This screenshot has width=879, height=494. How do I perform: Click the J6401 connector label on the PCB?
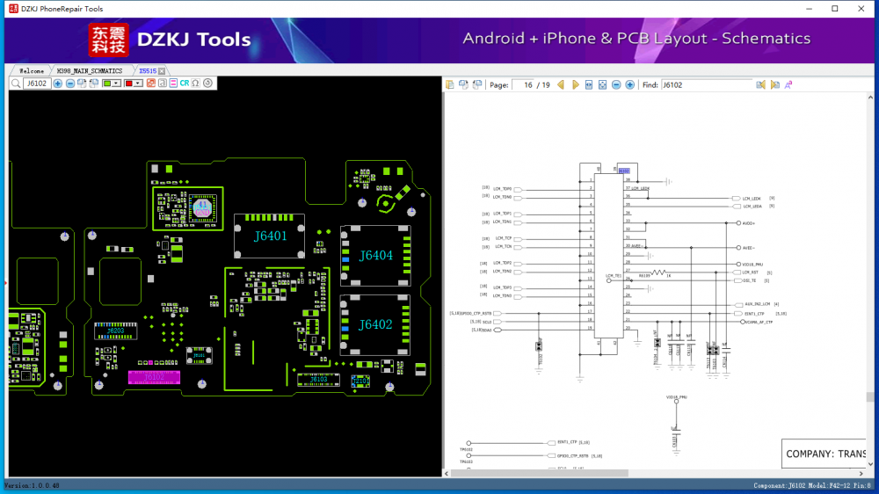pyautogui.click(x=271, y=236)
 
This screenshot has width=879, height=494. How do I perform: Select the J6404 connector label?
pyautogui.click(x=375, y=256)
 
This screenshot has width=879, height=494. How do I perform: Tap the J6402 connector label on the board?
pyautogui.click(x=375, y=325)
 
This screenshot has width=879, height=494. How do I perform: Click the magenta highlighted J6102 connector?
pyautogui.click(x=154, y=377)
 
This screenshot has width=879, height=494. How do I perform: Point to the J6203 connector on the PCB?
pyautogui.click(x=116, y=331)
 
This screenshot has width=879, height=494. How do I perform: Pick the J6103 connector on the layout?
pyautogui.click(x=318, y=380)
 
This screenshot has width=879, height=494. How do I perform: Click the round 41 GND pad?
pyautogui.click(x=201, y=208)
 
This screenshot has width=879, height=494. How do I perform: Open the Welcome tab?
pyautogui.click(x=32, y=70)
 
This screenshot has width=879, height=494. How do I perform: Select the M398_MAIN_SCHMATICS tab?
pyautogui.click(x=89, y=70)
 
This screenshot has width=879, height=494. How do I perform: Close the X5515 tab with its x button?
pyautogui.click(x=162, y=70)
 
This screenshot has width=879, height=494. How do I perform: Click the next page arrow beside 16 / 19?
pyautogui.click(x=575, y=85)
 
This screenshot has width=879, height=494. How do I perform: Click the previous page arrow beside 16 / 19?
pyautogui.click(x=561, y=85)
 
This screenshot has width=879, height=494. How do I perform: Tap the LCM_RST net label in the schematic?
pyautogui.click(x=750, y=272)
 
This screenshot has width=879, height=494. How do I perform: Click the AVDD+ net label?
pyautogui.click(x=749, y=223)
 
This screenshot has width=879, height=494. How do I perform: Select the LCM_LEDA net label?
pyautogui.click(x=752, y=206)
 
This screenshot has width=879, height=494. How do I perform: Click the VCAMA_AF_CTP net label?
pyautogui.click(x=759, y=322)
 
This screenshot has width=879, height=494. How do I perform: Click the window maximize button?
pyautogui.click(x=834, y=9)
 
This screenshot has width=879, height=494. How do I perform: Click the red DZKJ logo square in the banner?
pyautogui.click(x=108, y=40)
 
